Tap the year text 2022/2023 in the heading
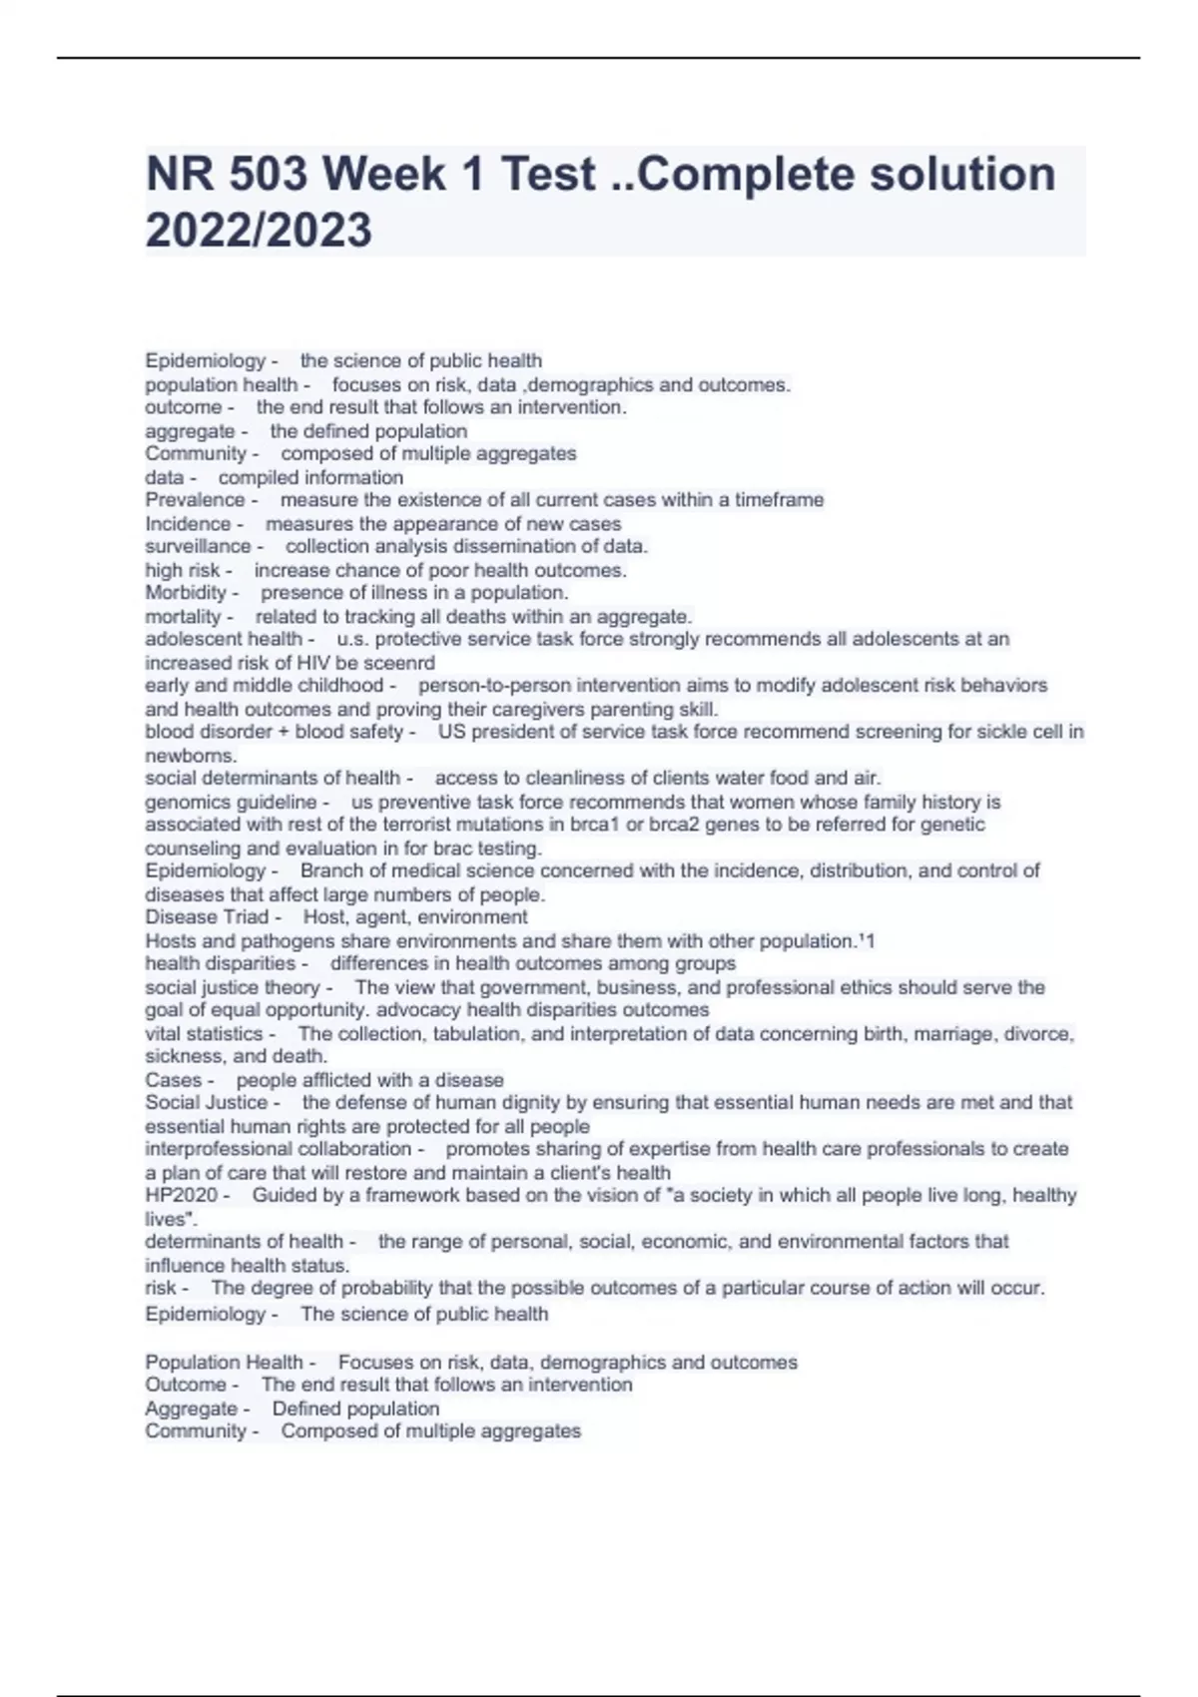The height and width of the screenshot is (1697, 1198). [x=259, y=231]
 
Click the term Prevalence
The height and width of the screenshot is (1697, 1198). [x=195, y=500]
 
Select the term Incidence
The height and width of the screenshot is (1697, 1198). [x=188, y=524]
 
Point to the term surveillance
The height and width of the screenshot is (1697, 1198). [x=198, y=547]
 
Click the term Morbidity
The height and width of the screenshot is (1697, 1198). [x=186, y=593]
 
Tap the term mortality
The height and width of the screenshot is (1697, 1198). [x=183, y=617]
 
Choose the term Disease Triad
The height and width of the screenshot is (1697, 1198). [x=207, y=917]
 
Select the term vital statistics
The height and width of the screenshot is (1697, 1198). [x=204, y=1034]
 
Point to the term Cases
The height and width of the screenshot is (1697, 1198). [x=174, y=1080]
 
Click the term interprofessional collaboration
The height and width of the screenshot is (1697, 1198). [x=278, y=1149]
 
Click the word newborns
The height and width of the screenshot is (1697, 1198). [x=191, y=756]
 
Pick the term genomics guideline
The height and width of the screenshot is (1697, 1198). [x=231, y=803]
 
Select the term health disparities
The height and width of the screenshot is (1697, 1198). [x=220, y=964]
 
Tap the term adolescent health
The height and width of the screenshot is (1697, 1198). [x=224, y=639]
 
